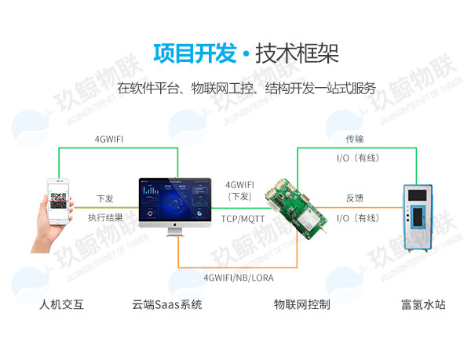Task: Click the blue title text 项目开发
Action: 195,53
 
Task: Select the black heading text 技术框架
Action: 297,53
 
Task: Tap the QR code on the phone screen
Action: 58,201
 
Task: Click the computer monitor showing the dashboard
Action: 175,207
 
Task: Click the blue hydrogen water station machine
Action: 418,218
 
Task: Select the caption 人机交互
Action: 61,304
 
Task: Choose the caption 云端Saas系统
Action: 167,304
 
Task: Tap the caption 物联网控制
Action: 302,304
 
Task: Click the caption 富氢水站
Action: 423,304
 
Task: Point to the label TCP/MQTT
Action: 243,219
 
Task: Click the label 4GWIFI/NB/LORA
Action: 239,278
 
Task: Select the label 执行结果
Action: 105,217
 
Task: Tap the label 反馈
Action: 355,198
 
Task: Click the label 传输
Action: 355,139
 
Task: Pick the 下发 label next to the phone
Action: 105,198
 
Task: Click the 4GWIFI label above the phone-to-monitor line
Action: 109,139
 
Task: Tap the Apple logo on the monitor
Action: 175,224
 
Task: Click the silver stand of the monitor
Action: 175,232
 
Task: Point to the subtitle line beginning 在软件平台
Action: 246,88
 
